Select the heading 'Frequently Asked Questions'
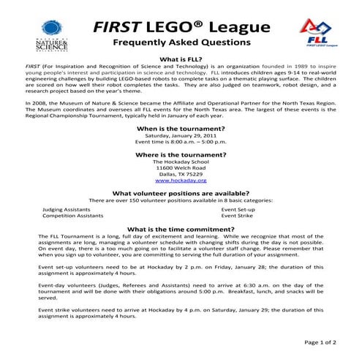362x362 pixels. [x=181, y=43]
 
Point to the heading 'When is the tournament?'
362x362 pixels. [x=181, y=128]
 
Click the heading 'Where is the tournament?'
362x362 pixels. [x=181, y=155]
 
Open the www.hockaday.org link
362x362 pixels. [x=181, y=180]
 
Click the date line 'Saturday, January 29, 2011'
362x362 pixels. [x=181, y=136]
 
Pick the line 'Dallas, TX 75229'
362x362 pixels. [x=181, y=174]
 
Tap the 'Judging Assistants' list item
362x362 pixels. [x=67, y=209]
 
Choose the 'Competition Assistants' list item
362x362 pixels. [x=72, y=216]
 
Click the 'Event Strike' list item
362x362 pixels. [x=237, y=216]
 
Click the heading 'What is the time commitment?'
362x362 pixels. [x=181, y=229]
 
